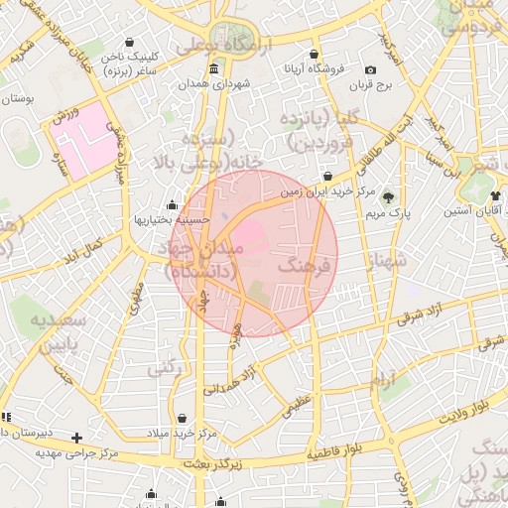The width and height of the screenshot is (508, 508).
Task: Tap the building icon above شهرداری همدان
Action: coord(215,68)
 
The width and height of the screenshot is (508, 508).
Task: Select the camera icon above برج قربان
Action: coord(370,69)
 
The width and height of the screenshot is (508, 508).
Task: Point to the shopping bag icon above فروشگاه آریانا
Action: coord(315,55)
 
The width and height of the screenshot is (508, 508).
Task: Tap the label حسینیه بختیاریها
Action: coord(175,218)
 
